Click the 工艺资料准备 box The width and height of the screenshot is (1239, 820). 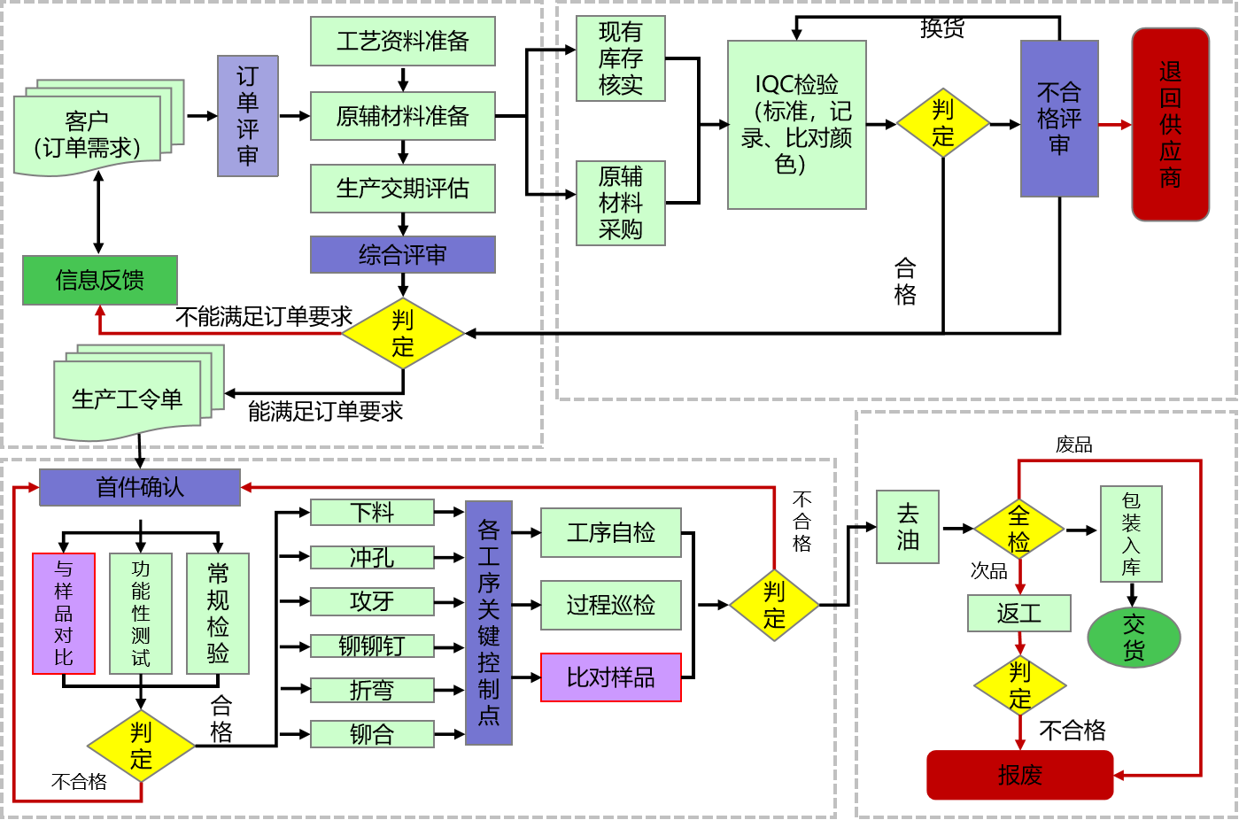(402, 42)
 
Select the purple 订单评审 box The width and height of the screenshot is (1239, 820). (248, 116)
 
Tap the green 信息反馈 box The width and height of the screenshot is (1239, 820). (100, 281)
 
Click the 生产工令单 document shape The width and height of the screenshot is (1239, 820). (128, 399)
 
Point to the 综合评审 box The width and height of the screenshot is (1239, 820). (402, 255)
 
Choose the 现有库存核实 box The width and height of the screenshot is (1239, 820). (620, 58)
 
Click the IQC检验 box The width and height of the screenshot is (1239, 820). (796, 125)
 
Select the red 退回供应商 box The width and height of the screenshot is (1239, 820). (1170, 125)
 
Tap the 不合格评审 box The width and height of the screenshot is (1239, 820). (1059, 119)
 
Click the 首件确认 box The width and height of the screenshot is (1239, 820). (140, 487)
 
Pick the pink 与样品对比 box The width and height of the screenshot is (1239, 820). (64, 613)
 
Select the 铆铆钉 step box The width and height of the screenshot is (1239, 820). (372, 646)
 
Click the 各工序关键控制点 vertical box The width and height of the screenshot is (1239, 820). (489, 623)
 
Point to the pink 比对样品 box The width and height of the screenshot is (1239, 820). (610, 677)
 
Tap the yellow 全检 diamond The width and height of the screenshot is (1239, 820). (1019, 529)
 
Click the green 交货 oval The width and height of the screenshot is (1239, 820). (1134, 638)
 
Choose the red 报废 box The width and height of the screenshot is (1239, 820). (1019, 775)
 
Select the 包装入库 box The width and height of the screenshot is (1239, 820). (1131, 534)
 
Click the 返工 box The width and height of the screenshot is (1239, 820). (1019, 613)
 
